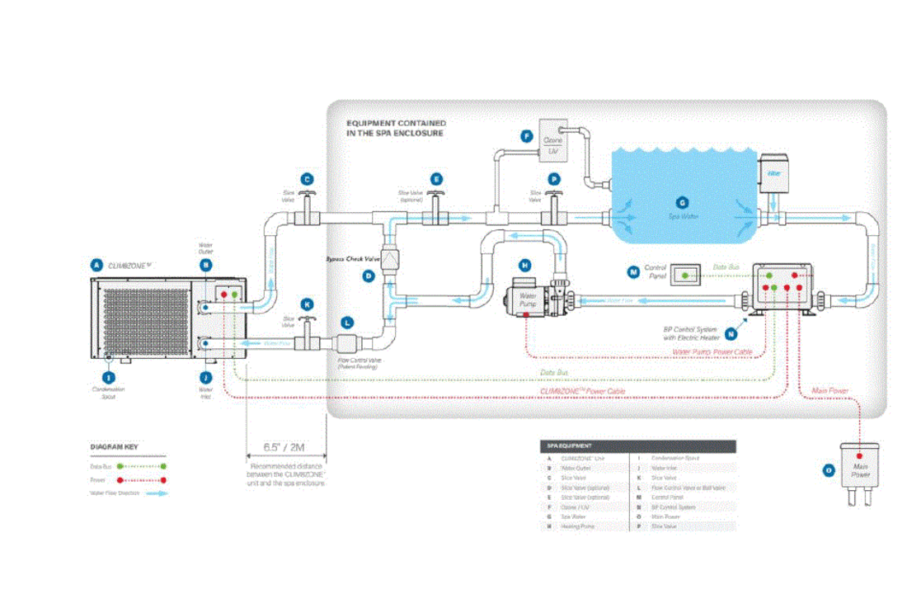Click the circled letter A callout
click(97, 266)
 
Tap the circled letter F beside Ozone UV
click(526, 137)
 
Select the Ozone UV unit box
click(552, 135)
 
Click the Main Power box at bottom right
click(860, 467)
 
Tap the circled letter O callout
click(829, 471)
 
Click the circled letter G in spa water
click(681, 202)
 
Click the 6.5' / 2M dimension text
click(284, 446)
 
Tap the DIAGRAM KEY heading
click(114, 446)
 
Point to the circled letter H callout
click(524, 265)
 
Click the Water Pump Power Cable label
click(712, 352)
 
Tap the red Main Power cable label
click(830, 390)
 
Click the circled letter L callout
click(347, 323)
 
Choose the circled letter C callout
click(307, 179)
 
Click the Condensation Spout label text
click(109, 393)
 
